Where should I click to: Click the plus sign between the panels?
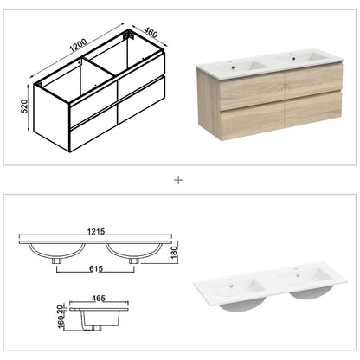click(x=179, y=181)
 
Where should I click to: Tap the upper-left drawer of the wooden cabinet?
click(x=224, y=89)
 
